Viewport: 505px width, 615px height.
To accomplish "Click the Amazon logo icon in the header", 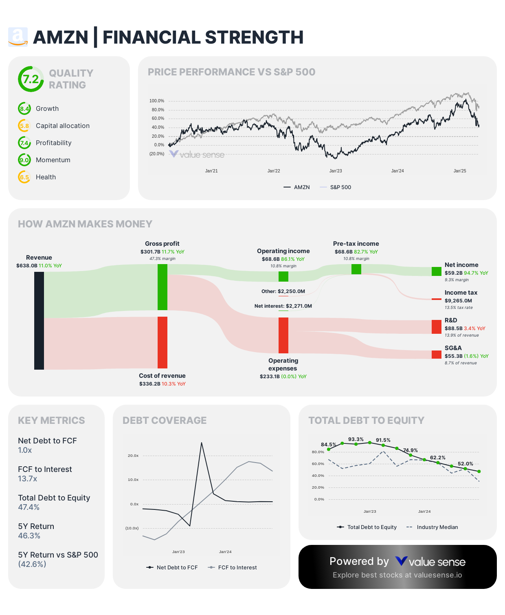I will (x=18, y=37).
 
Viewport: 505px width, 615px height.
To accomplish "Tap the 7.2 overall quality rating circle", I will (x=31, y=79).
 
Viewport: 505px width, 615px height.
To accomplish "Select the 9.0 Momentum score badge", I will (x=24, y=160).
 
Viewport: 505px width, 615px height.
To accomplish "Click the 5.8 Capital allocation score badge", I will (x=24, y=126).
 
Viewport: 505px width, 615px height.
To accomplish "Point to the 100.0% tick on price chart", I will (x=157, y=101).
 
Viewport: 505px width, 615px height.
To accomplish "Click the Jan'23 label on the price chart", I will (x=336, y=171).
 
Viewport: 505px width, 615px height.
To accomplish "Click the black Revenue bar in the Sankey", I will (x=39, y=320).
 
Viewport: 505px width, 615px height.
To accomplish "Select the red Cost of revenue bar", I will (x=162, y=342).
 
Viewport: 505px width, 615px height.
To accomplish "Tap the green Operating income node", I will (x=283, y=276).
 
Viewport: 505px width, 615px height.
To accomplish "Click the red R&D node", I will (x=437, y=327).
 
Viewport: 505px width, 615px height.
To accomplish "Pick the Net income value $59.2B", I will (x=453, y=273).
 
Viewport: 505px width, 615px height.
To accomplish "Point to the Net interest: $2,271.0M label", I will (x=283, y=306).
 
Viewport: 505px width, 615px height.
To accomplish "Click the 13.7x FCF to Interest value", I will (x=28, y=479).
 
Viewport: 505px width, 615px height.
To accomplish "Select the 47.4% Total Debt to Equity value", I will (x=29, y=507).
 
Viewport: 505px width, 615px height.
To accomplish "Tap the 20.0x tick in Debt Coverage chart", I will (x=133, y=456).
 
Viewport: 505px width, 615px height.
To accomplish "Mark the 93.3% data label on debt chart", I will (x=356, y=439).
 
